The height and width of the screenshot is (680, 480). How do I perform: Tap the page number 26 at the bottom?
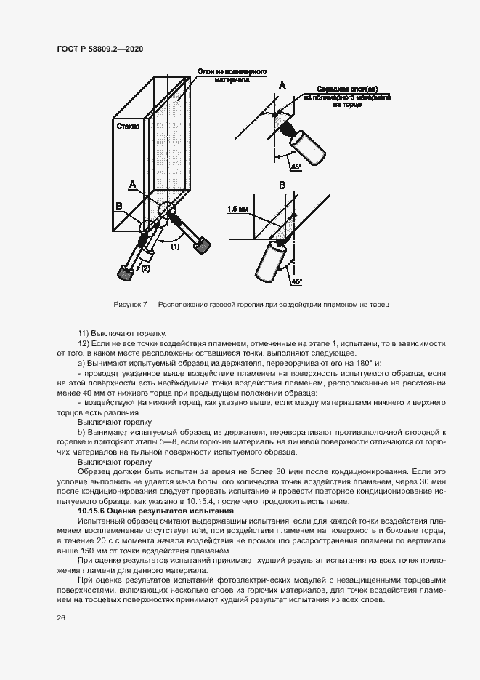coord(60,618)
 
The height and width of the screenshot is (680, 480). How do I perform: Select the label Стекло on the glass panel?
coord(129,126)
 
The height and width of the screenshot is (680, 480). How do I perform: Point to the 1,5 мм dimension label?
coord(237,209)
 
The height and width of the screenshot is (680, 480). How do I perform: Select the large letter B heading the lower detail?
coord(282,186)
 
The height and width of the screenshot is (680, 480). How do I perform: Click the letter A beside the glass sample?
coord(132,185)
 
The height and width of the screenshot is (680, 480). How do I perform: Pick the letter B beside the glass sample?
coord(119,207)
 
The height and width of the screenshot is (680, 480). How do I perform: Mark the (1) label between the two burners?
coord(175,247)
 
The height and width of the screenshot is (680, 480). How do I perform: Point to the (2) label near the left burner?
coord(145,268)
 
